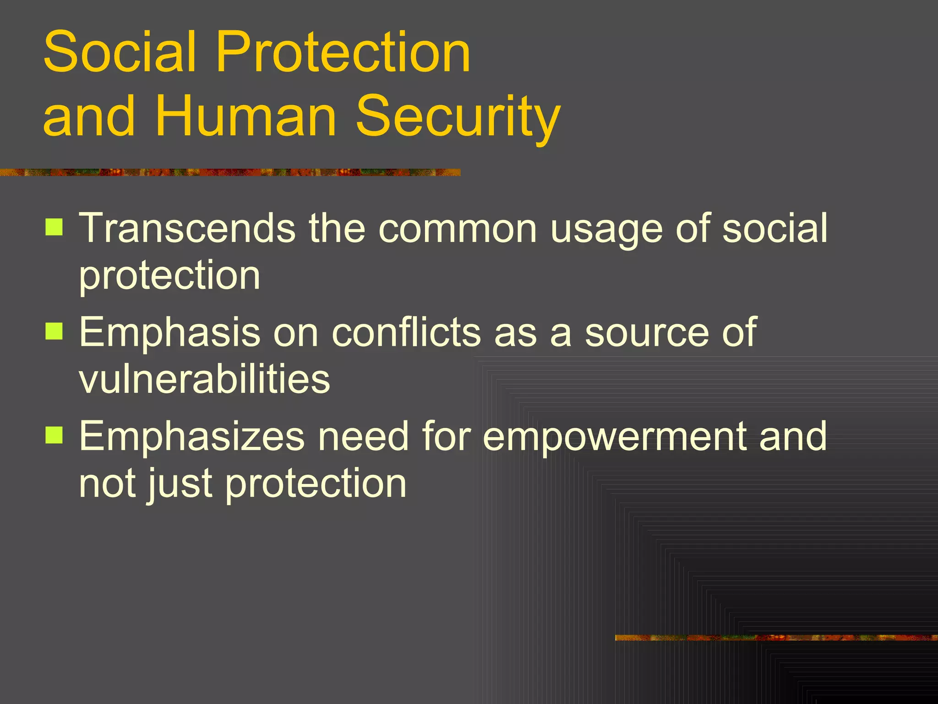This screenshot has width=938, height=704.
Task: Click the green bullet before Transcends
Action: pyautogui.click(x=54, y=227)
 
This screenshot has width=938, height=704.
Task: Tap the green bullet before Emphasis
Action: pyautogui.click(x=54, y=330)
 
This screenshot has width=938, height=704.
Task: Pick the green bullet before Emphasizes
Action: pyautogui.click(x=54, y=435)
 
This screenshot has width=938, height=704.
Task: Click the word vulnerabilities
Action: pyautogui.click(x=204, y=379)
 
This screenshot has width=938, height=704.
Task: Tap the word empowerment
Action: pyautogui.click(x=614, y=438)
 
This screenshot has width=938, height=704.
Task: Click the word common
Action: pyautogui.click(x=458, y=229)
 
